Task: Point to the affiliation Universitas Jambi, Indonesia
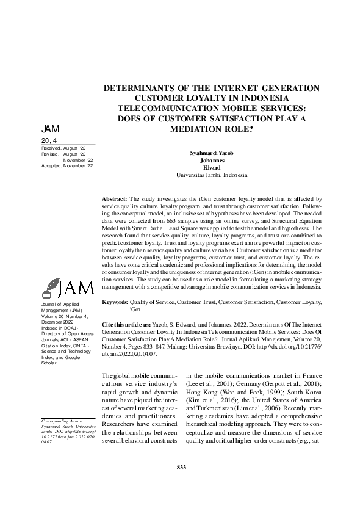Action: click(x=212, y=175)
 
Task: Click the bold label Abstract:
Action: click(x=114, y=199)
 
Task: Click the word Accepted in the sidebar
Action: click(x=51, y=165)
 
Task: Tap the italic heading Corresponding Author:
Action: click(x=62, y=421)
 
